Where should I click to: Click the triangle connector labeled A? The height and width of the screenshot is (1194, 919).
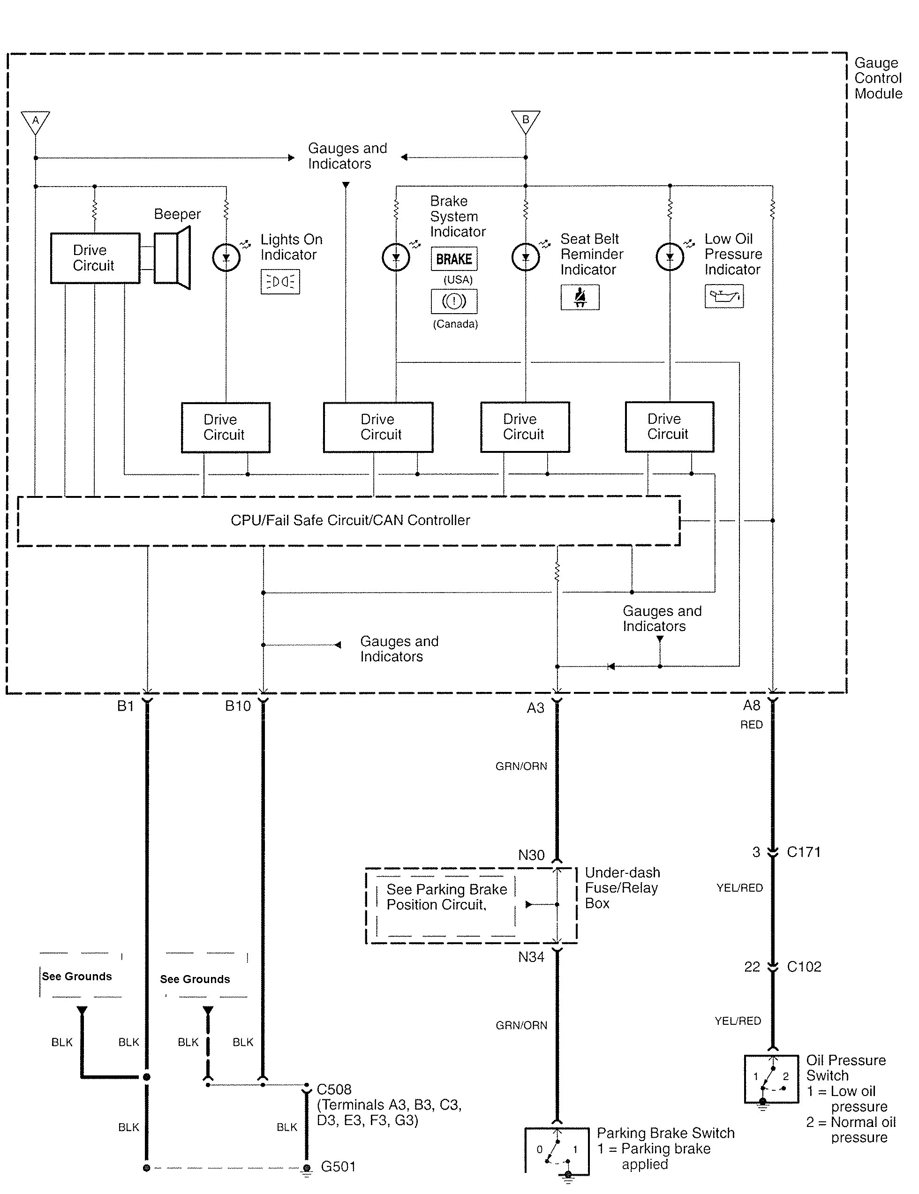(x=36, y=121)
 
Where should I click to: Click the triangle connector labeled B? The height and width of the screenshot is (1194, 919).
(x=525, y=121)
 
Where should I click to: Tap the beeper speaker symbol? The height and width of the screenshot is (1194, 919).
(x=172, y=257)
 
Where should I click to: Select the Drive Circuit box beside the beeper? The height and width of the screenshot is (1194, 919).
(x=95, y=258)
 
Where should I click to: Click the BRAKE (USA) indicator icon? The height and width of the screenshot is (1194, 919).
(x=454, y=259)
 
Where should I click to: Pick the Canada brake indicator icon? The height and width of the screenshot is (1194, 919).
(x=454, y=301)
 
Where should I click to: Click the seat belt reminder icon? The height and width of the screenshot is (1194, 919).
(x=580, y=297)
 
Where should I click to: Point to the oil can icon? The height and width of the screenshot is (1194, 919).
(x=724, y=296)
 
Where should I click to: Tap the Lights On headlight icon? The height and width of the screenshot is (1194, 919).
(x=280, y=282)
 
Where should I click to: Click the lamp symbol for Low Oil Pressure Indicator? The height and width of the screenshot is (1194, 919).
(x=670, y=257)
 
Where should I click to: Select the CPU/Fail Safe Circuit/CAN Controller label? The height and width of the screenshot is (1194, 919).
(x=350, y=520)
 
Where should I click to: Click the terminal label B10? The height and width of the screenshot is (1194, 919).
(x=238, y=706)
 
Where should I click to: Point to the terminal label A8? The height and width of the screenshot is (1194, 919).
(x=752, y=706)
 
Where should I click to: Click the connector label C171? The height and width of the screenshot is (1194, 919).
(x=804, y=852)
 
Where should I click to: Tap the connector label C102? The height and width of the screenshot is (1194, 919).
(x=804, y=967)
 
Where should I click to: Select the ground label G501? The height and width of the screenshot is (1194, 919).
(x=338, y=1167)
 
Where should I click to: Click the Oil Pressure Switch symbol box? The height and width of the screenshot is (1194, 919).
(x=771, y=1079)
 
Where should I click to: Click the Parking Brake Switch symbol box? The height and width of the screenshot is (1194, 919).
(x=557, y=1150)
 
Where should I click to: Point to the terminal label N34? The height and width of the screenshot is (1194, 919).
(x=531, y=957)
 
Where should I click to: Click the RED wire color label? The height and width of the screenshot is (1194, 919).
(x=751, y=725)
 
